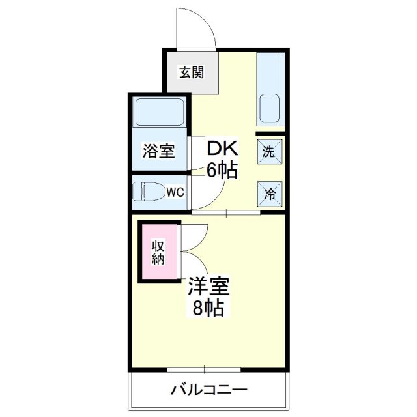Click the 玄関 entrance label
coord(191,72)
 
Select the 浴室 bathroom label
coord(158,151)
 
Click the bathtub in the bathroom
coord(160,111)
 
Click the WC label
coord(175,192)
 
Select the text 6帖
coord(222,171)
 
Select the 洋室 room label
coord(208,287)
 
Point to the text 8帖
coord(208,308)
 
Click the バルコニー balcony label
coord(209,391)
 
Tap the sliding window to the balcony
coord(205,370)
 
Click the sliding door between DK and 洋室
coord(225,212)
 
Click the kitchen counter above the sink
coord(269,72)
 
